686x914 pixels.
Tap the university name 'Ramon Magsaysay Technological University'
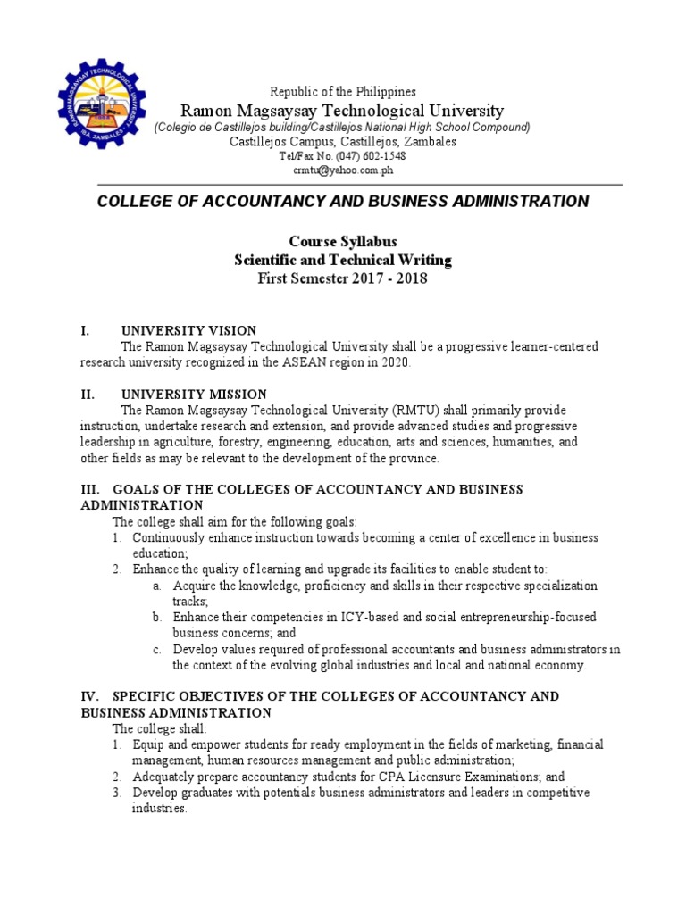pos(342,111)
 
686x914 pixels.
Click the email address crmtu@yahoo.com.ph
pos(342,170)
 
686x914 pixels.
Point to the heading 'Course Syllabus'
pos(342,242)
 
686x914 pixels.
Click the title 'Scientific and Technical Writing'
pos(342,260)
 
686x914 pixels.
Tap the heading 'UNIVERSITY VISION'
pos(188,330)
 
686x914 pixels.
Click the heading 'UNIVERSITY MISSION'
pos(194,394)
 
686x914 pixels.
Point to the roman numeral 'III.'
pos(92,489)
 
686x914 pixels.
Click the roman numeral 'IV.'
pos(92,696)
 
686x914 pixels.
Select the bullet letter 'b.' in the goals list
pos(156,618)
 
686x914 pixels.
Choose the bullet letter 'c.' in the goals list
pos(156,649)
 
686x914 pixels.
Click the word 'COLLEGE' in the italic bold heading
pos(135,202)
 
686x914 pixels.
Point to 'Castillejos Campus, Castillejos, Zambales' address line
pos(342,141)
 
